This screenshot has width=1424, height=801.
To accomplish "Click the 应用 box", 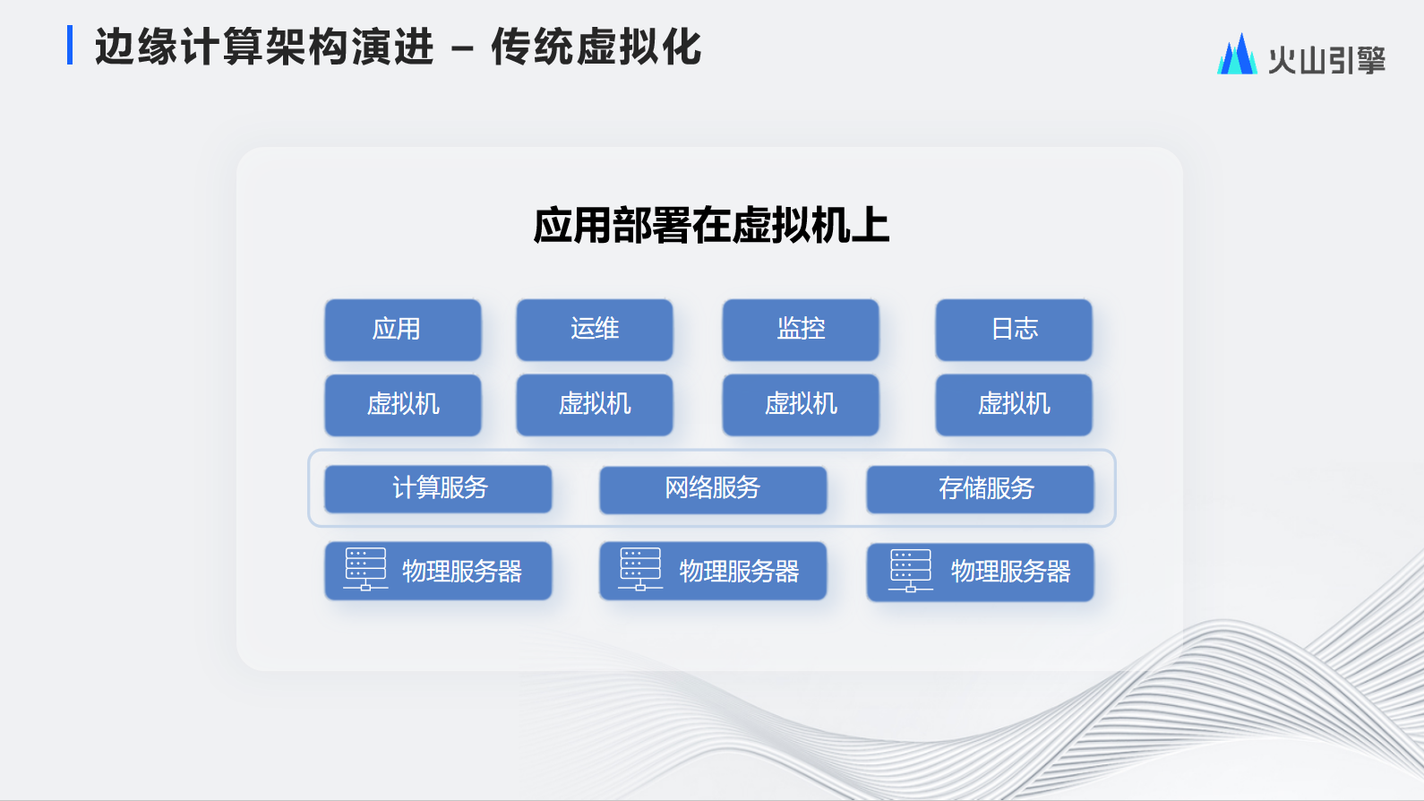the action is pyautogui.click(x=402, y=330).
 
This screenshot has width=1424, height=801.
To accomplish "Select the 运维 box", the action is pyautogui.click(x=595, y=330).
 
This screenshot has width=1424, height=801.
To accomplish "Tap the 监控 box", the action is pyautogui.click(x=801, y=330).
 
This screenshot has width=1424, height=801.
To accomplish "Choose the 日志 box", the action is pyautogui.click(x=1013, y=330).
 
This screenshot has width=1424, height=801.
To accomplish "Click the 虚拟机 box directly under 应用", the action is pyautogui.click(x=402, y=405).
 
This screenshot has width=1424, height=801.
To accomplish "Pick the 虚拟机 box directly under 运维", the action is pyautogui.click(x=595, y=405).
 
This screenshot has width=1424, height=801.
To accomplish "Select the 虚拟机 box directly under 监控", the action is pyautogui.click(x=801, y=405).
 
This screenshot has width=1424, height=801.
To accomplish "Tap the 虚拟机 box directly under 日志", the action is pyautogui.click(x=1013, y=405).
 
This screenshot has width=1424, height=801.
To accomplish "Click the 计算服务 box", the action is pyautogui.click(x=438, y=488).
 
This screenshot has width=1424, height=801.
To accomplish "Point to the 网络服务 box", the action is pyautogui.click(x=713, y=489).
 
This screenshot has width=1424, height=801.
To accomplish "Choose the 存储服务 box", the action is pyautogui.click(x=980, y=488).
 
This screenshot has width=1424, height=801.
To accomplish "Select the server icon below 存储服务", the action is pyautogui.click(x=910, y=571).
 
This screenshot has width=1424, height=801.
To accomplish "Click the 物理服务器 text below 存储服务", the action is pyautogui.click(x=1011, y=572).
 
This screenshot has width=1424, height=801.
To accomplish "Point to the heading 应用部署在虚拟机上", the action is pyautogui.click(x=711, y=226).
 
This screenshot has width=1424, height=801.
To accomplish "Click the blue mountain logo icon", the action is pyautogui.click(x=1237, y=54).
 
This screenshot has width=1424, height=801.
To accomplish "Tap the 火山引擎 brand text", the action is pyautogui.click(x=1326, y=60).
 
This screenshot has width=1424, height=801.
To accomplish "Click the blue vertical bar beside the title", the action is pyautogui.click(x=70, y=45).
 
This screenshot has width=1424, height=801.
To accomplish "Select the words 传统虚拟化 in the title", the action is pyautogui.click(x=596, y=47).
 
